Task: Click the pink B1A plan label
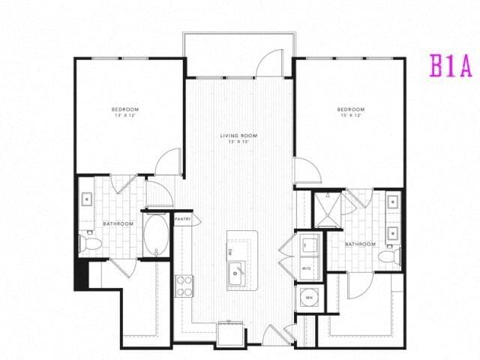coord(450,66)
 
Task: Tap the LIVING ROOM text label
coord(238,138)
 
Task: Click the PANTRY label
coord(183,219)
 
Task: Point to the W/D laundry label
coord(306,267)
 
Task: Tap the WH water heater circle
coord(307,298)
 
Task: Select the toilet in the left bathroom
coord(88,242)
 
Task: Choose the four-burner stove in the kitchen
coord(184,285)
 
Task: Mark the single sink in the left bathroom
coord(87,199)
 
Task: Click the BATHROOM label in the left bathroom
coord(118,223)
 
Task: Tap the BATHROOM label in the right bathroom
coord(360,244)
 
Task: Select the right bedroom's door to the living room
coord(306,172)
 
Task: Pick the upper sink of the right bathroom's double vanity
coord(391,201)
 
